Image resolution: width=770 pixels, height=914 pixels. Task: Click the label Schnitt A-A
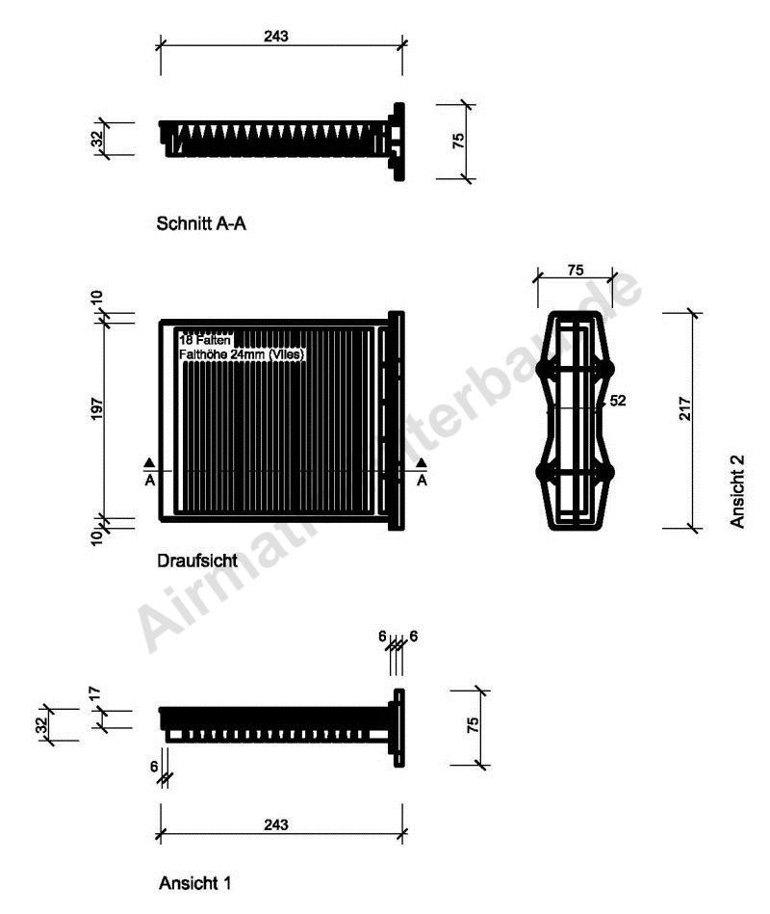(x=204, y=223)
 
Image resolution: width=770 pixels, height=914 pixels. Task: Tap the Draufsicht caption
(x=196, y=560)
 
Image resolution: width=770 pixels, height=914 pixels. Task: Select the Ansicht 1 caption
(x=194, y=881)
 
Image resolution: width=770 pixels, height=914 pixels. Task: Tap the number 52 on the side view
(x=617, y=402)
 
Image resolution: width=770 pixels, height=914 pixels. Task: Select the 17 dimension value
(x=95, y=692)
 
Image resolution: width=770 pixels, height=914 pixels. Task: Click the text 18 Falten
(x=203, y=339)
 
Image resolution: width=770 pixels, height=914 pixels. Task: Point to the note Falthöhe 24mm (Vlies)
(x=242, y=353)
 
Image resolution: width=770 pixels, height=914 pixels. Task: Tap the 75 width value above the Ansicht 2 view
(x=575, y=271)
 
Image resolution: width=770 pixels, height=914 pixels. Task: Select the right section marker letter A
(x=421, y=480)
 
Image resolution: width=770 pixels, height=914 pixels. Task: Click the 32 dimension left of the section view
(x=97, y=140)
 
